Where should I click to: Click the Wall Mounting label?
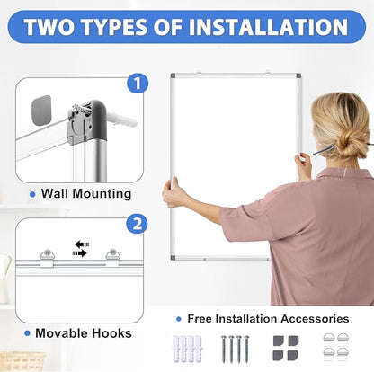[x=86, y=193]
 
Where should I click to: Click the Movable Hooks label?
[x=86, y=333]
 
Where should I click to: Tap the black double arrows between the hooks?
[x=81, y=248]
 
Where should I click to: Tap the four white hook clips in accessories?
[x=334, y=348]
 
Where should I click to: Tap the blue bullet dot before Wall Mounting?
[x=32, y=193]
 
